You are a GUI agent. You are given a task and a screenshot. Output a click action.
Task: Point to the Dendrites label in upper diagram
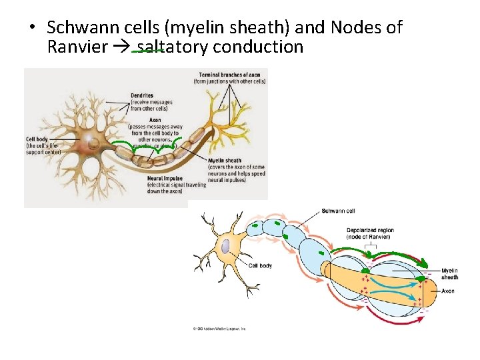pos(143,95)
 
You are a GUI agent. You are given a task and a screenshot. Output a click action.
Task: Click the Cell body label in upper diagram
pos(36,139)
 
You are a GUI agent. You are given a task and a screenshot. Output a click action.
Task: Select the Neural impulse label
pos(165,179)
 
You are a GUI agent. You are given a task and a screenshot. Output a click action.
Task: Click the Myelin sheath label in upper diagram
pos(225,160)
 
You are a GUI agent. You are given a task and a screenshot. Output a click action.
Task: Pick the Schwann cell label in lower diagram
pos(338,211)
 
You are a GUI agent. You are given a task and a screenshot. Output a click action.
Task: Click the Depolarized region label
pos(370,231)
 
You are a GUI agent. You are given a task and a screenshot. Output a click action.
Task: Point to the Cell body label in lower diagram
pos(260,265)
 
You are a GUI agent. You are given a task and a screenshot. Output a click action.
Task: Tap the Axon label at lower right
pos(448,291)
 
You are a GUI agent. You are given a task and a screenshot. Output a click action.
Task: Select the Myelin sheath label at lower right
pos(449,273)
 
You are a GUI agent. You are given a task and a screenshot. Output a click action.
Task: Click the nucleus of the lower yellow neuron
pos(226,247)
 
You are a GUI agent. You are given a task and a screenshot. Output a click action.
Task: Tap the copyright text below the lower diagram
pos(216,329)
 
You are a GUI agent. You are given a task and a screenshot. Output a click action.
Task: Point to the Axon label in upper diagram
pos(155,120)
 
